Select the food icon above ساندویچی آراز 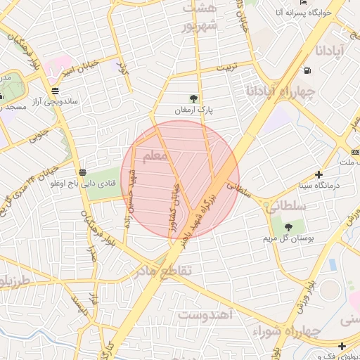pos(55,90)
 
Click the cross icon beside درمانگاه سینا pos(319,174)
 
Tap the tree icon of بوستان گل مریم pos(288,226)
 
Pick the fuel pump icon pos(307,70)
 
